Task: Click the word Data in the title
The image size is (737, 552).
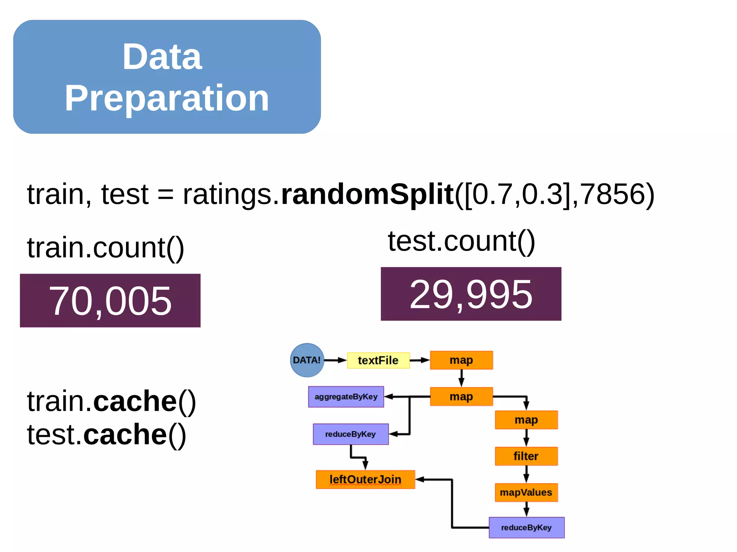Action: pos(162,57)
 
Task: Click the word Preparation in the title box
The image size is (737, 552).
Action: pos(167,98)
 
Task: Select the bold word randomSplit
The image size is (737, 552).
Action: pos(367,194)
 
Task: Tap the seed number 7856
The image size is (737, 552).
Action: pos(612,194)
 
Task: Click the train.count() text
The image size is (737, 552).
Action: pos(105,248)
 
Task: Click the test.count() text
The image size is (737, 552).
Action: pos(461,241)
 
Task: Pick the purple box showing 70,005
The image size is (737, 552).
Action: pos(110,301)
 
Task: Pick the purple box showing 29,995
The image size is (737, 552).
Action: pos(471,294)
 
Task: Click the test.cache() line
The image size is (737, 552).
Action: pos(107,434)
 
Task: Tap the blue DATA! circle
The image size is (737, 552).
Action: pos(307,360)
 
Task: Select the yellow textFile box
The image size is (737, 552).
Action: pos(378,360)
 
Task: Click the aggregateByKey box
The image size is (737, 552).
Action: pos(346,397)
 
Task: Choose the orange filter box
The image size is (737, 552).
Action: pos(526,456)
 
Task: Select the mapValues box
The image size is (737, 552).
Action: pos(526,492)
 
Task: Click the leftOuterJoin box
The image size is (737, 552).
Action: pos(365,479)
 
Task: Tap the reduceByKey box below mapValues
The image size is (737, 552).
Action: pos(526,528)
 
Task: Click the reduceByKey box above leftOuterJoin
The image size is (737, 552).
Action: pos(351,434)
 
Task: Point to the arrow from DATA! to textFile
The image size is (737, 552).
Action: pos(335,360)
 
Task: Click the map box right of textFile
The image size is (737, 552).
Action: pos(461,360)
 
